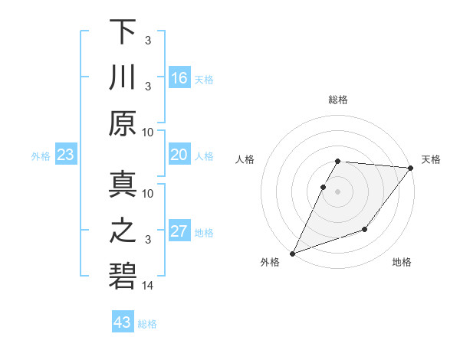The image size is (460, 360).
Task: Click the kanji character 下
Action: pyautogui.click(x=123, y=32)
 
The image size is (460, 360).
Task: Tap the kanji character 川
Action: pyautogui.click(x=123, y=77)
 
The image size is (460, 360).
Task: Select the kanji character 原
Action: pyautogui.click(x=123, y=123)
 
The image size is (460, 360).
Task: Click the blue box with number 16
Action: pyautogui.click(x=179, y=78)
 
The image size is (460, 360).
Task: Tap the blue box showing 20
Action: pyautogui.click(x=179, y=155)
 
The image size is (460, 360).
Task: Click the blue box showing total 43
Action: pyautogui.click(x=123, y=322)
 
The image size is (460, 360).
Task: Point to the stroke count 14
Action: pyautogui.click(x=148, y=286)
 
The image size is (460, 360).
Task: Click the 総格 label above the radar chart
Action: pyautogui.click(x=338, y=100)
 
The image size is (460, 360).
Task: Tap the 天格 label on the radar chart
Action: pyautogui.click(x=431, y=159)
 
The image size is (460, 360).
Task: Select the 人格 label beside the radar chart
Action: pyautogui.click(x=246, y=159)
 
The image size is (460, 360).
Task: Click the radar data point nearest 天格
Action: pyautogui.click(x=411, y=169)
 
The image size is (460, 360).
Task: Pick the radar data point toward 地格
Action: pyautogui.click(x=365, y=229)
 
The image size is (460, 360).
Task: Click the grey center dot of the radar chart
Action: pyautogui.click(x=338, y=191)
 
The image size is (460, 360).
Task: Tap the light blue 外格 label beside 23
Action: pyautogui.click(x=41, y=156)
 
